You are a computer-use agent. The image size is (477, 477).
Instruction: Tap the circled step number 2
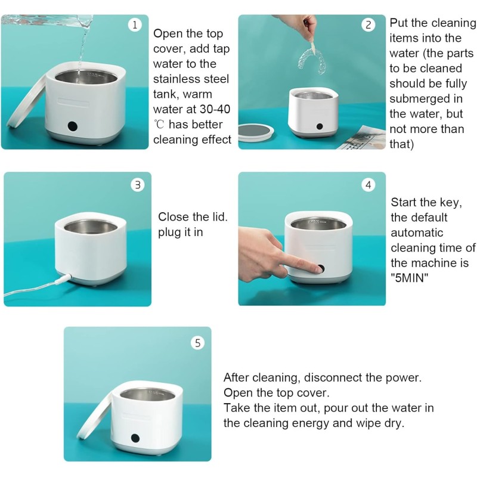[368, 24]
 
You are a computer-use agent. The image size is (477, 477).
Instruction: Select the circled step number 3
[138, 184]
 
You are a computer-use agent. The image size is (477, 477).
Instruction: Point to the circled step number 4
[368, 185]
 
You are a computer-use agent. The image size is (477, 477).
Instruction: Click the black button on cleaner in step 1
[73, 126]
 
